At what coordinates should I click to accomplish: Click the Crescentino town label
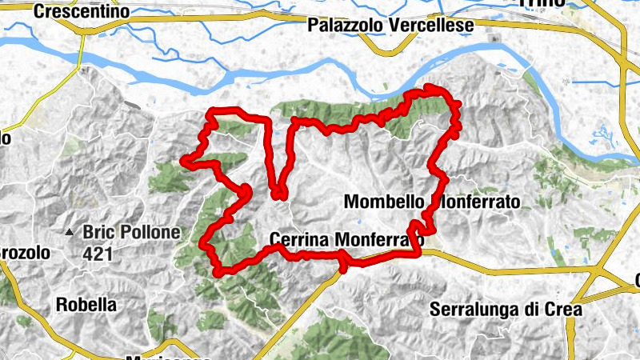pos(82,12)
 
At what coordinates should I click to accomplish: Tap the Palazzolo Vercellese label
pos(390,26)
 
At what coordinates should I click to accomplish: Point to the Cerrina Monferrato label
pos(346,239)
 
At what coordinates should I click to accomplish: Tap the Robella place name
pos(86,305)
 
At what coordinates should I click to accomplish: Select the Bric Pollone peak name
pos(126,233)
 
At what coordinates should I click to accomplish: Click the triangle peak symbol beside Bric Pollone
pos(70,234)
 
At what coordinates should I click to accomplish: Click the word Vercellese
pos(431,26)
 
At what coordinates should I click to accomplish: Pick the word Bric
pos(96,233)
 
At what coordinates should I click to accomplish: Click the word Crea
pos(562,309)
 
